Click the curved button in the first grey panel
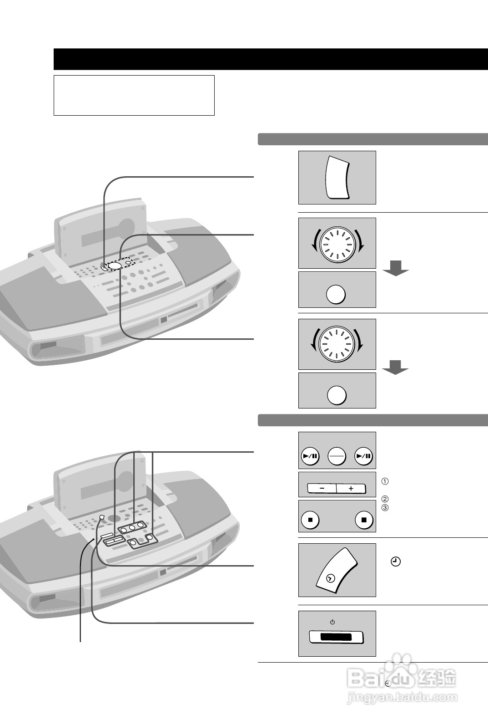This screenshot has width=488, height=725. pos(337,177)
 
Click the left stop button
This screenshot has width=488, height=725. pos(310,519)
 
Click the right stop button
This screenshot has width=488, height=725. pos(364,519)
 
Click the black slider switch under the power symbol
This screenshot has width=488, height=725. pos(336,637)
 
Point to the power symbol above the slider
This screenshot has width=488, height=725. pos(332,622)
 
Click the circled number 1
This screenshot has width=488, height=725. pos(385,481)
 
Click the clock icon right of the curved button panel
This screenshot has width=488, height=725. pos(396,562)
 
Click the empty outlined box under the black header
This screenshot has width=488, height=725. pos(134,95)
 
